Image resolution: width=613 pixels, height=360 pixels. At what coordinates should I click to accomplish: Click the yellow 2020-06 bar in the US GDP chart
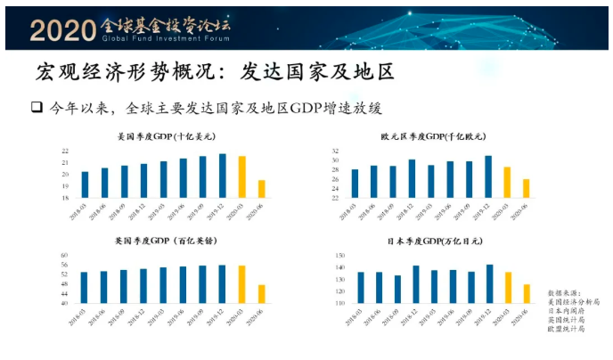click(262, 188)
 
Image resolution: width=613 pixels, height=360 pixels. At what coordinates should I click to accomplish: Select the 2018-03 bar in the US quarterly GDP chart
click(85, 184)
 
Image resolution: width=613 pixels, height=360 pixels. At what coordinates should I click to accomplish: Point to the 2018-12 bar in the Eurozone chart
click(412, 178)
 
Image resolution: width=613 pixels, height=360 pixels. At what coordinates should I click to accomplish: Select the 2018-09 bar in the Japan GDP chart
click(396, 289)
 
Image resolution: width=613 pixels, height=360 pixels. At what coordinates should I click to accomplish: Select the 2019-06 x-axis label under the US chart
click(182, 212)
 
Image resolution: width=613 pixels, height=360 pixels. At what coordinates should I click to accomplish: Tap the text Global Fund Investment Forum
click(165, 39)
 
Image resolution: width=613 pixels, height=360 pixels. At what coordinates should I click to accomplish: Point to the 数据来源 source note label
click(562, 290)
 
